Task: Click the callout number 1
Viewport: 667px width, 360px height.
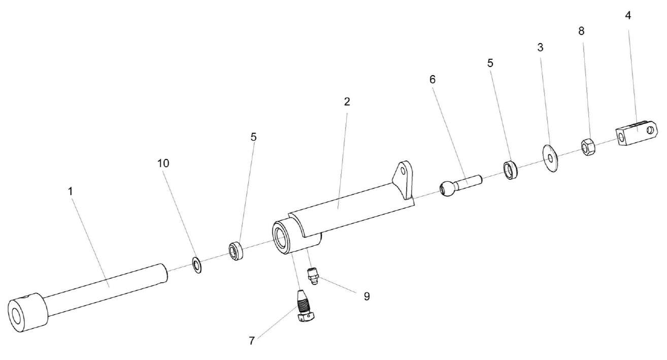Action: (71, 191)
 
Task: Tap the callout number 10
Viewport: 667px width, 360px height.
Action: (163, 163)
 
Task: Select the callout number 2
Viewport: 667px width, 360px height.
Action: (347, 102)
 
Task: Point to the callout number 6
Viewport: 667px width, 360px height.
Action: (432, 79)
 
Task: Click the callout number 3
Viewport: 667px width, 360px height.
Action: (540, 47)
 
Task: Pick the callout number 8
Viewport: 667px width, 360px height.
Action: (581, 31)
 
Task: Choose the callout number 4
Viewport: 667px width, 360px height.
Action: (628, 15)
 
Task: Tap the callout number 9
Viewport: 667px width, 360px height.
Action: (366, 296)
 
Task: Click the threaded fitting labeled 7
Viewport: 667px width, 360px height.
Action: (306, 308)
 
